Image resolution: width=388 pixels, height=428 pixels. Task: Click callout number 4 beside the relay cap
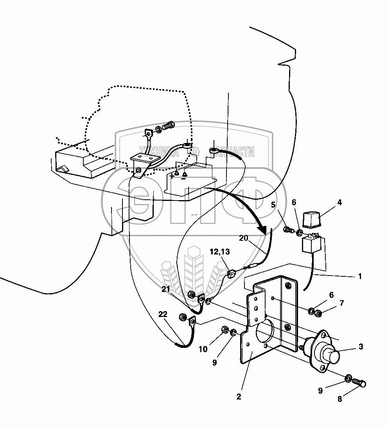(339, 202)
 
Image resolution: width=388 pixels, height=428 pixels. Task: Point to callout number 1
(359, 276)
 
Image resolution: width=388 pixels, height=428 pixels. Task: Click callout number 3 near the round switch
(361, 346)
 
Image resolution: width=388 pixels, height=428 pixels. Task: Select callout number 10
(203, 349)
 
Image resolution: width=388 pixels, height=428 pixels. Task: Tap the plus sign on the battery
(172, 176)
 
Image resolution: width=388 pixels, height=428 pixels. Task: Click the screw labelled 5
(288, 229)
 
